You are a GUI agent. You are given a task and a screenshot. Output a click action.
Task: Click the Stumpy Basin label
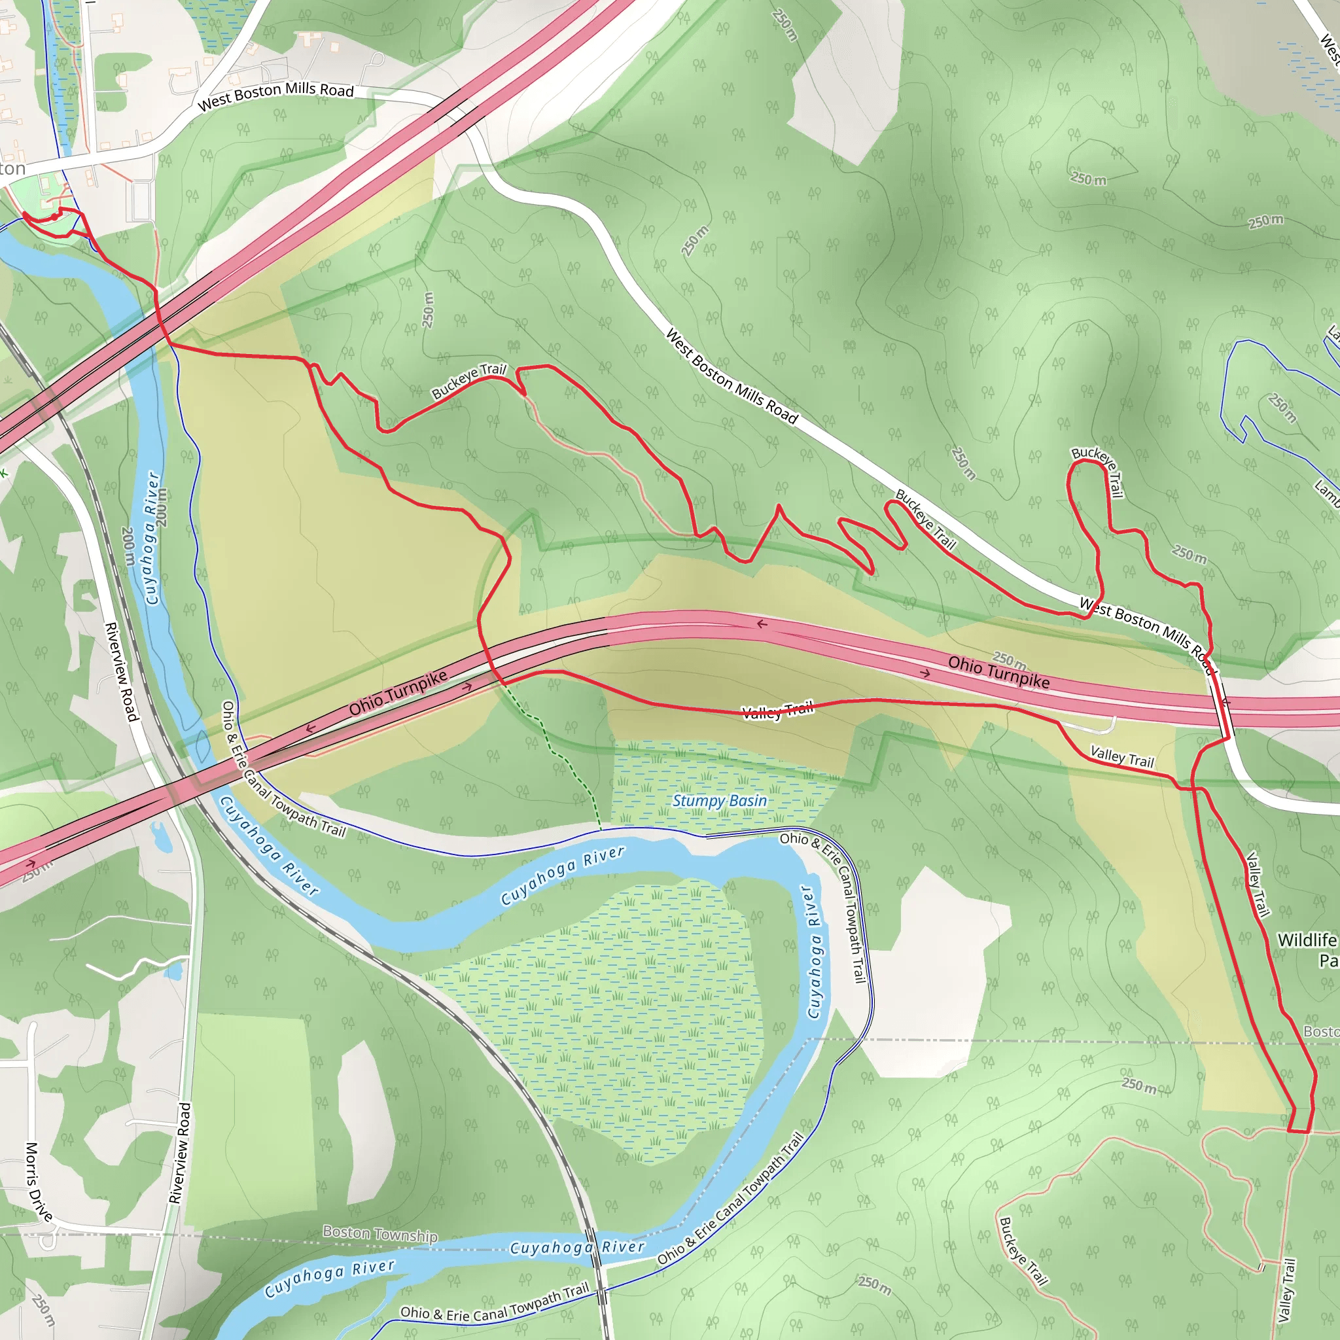[x=719, y=801]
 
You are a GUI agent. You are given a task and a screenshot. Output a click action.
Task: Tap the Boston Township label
[x=379, y=1234]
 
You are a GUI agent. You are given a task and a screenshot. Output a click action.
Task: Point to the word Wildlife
[x=1307, y=940]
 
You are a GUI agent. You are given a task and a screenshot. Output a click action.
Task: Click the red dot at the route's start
[x=55, y=217]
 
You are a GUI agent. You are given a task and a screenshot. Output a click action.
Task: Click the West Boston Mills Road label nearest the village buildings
[x=275, y=96]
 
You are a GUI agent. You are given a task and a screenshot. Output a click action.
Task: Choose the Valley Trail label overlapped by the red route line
[x=777, y=711]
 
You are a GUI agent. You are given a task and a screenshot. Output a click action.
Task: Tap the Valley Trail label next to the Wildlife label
[x=1258, y=885]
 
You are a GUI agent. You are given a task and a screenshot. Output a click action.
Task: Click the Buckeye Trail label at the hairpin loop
[x=1098, y=471]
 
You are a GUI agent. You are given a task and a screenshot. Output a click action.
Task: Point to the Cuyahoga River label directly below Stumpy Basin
[x=563, y=875]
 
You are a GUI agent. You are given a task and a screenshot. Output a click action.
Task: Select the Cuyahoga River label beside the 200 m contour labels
[x=152, y=538]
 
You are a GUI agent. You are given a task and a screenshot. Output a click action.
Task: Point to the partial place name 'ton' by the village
[x=12, y=169]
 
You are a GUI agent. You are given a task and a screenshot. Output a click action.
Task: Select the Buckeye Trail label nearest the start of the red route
[x=469, y=381]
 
